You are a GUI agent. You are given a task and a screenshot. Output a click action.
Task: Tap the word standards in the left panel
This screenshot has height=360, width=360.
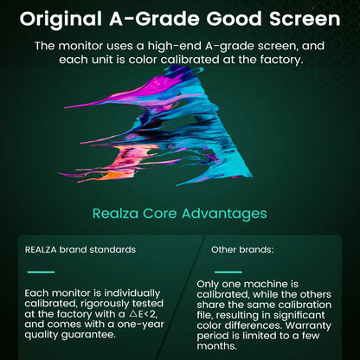(113, 249)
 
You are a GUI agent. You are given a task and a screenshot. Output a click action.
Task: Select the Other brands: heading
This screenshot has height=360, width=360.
(242, 249)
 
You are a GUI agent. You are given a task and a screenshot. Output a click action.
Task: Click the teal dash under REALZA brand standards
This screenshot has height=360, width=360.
(41, 273)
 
